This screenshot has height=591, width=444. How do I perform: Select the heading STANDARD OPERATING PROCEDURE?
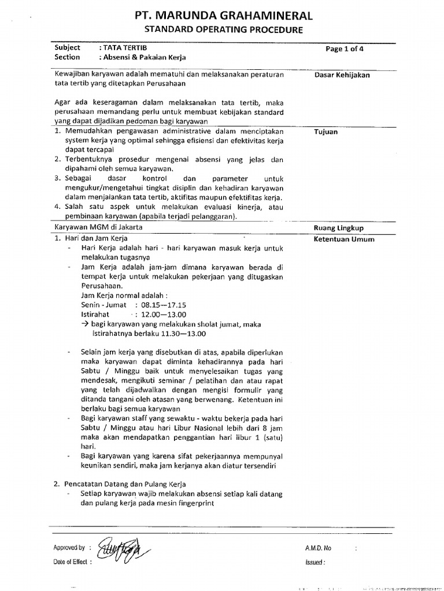[223, 29]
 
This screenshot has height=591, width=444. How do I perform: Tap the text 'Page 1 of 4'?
[345, 49]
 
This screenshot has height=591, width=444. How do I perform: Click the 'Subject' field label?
[67, 48]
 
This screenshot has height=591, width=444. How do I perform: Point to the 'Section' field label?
[67, 57]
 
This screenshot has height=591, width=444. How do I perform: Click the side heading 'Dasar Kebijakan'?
[342, 75]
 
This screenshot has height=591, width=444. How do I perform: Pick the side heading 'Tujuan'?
[325, 132]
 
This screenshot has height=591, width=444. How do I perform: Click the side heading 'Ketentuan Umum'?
[343, 239]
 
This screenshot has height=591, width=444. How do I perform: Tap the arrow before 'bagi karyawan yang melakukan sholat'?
[84, 324]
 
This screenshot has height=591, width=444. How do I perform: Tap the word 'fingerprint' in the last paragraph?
[190, 503]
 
